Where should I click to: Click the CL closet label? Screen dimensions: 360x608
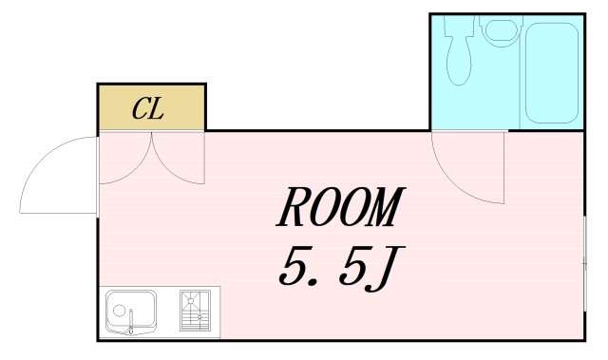148,109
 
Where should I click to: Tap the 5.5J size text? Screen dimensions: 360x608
336,270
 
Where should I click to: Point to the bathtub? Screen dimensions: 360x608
551,74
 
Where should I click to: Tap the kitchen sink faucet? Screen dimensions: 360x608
133,318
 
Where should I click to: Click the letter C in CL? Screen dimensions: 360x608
140,109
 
